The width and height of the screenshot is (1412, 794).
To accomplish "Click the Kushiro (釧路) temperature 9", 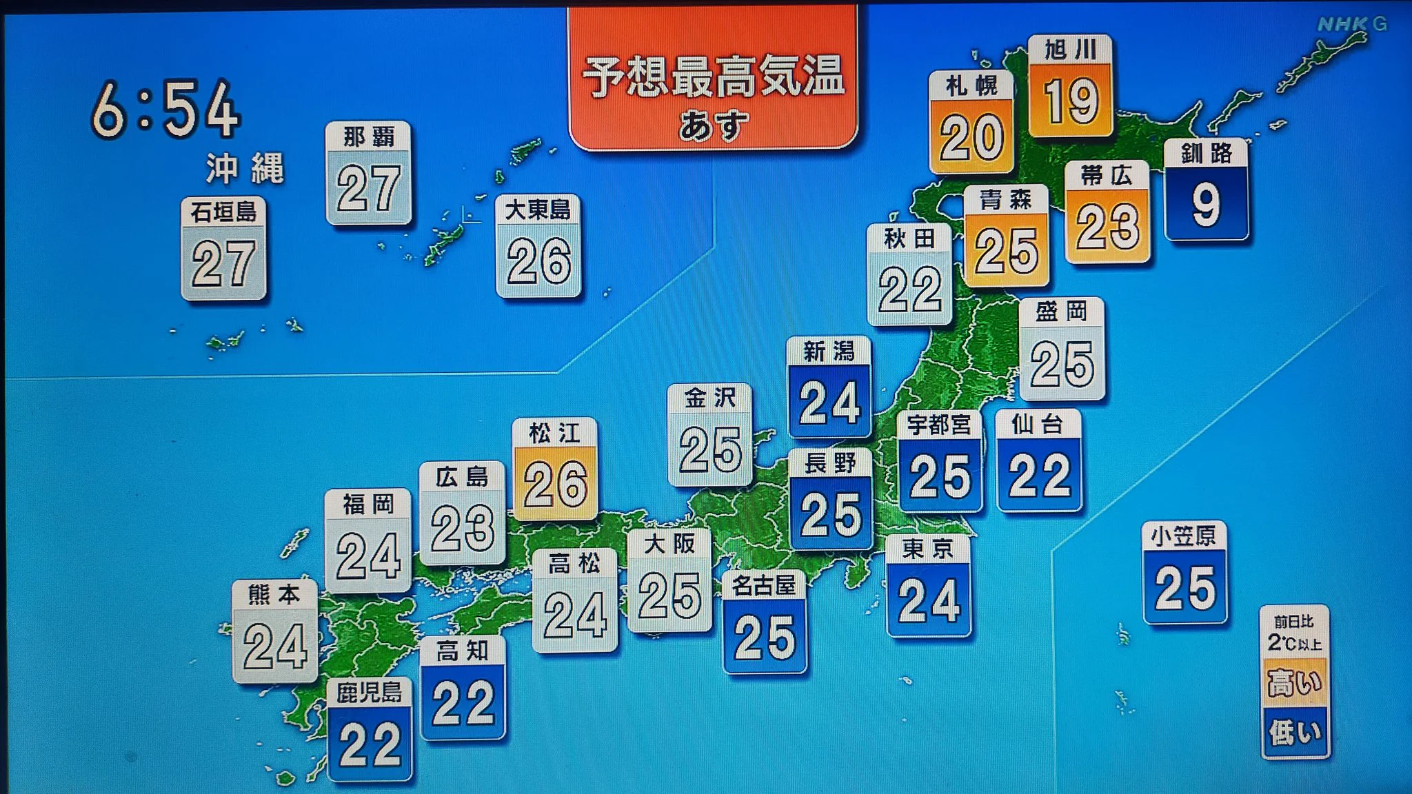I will click(x=1206, y=204).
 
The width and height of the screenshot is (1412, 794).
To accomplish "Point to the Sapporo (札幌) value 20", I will click(x=971, y=138).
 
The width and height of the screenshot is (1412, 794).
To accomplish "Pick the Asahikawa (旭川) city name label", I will click(x=1070, y=50).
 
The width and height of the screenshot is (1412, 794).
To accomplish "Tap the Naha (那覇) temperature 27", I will click(x=368, y=187).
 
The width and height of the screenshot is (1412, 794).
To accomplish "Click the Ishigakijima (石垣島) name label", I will click(x=223, y=212).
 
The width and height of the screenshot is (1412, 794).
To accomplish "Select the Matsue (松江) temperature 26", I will click(x=555, y=484).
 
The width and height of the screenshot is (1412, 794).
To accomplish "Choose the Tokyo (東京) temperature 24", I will click(x=929, y=600).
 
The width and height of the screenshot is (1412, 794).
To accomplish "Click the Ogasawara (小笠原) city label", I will click(x=1184, y=536).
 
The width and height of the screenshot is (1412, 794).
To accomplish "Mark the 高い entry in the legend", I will click(x=1294, y=682).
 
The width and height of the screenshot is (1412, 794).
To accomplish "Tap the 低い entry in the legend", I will click(x=1294, y=732).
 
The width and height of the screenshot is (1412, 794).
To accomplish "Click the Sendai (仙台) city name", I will click(x=1038, y=424).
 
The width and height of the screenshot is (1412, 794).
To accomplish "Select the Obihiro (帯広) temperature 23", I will click(x=1107, y=227).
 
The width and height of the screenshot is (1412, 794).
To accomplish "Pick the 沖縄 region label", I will click(x=245, y=168).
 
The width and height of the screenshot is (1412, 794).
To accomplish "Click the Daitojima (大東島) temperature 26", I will click(x=538, y=262).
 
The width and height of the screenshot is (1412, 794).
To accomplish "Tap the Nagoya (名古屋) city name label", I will click(x=764, y=585).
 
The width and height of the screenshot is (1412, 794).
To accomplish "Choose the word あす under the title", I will click(x=713, y=125).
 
